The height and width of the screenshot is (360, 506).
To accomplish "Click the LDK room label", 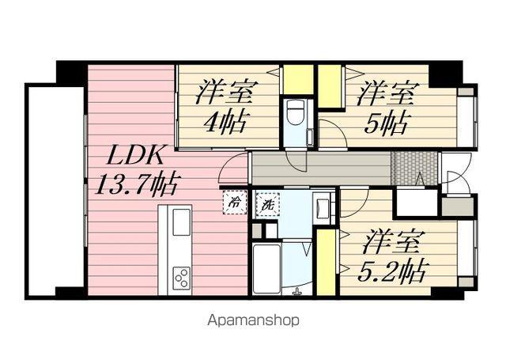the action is (135, 157).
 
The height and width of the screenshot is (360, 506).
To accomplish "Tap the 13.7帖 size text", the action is (137, 184).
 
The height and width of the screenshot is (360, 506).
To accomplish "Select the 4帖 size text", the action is (226, 121).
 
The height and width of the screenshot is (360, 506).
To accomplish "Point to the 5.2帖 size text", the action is (391, 271).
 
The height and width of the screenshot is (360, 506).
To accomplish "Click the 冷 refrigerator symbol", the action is (235, 203).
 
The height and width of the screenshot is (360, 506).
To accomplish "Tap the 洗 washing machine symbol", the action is (267, 203).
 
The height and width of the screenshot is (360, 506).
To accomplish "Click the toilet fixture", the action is (294, 114).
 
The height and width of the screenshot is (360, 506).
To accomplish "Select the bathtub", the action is (266, 269).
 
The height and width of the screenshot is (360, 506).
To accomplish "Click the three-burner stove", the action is (182, 276).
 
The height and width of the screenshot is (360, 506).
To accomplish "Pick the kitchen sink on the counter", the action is (181, 222).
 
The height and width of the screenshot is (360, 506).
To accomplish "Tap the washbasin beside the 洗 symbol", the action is (323, 207).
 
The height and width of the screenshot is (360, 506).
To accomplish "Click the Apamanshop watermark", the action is (253, 320).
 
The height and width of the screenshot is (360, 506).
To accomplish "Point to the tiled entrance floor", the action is (414, 169).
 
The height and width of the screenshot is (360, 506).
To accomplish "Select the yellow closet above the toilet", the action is (298, 79).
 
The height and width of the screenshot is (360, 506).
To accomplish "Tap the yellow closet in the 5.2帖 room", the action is (326, 262).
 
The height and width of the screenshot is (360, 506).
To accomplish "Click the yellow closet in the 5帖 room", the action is (330, 86).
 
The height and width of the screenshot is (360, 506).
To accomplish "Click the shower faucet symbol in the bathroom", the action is (296, 291).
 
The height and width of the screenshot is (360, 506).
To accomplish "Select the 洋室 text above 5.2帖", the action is (391, 241).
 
